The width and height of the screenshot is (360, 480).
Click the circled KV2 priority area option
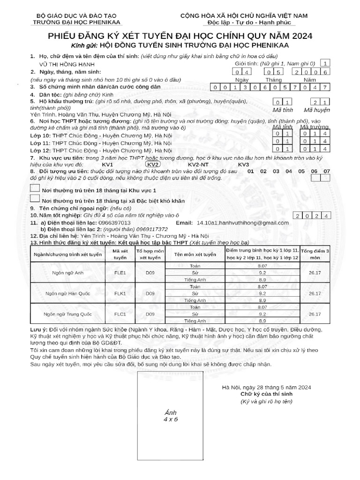(153, 165)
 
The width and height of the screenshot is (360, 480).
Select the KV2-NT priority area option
(198, 165)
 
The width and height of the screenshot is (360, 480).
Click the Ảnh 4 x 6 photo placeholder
(171, 415)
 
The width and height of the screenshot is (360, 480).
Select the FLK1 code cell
(120, 293)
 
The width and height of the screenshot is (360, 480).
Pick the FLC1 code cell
(120, 314)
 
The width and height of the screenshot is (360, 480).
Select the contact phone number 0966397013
(112, 223)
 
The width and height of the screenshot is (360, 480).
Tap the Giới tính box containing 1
(326, 63)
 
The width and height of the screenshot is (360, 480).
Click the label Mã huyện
(317, 110)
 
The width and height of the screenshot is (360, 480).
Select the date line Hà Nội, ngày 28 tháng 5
(266, 387)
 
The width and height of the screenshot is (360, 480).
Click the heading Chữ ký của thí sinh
(266, 394)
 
